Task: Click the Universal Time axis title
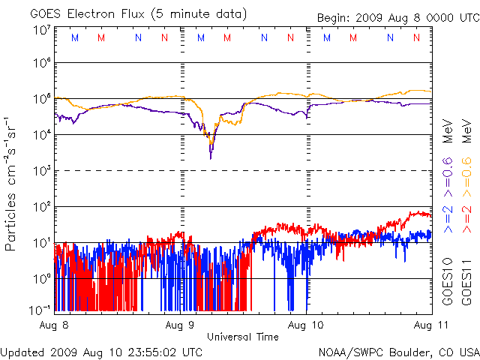[243, 337]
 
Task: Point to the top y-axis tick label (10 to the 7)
[41, 30]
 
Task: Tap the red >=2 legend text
[465, 217]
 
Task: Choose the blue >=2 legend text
[447, 217]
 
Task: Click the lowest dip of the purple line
[211, 157]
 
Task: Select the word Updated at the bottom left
[22, 352]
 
